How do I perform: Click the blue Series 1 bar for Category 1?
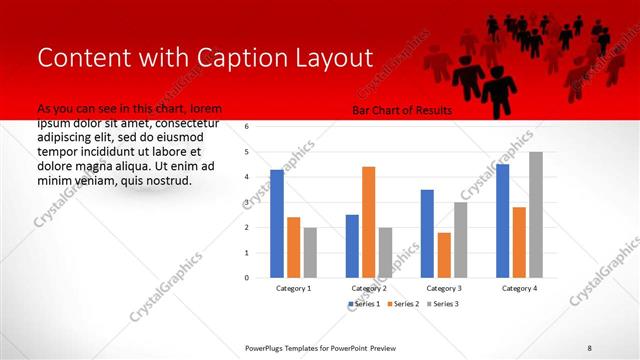coord(277,223)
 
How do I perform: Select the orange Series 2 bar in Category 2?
coord(368,221)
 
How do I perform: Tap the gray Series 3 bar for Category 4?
coord(536,214)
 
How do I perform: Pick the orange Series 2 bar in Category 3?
coord(444,254)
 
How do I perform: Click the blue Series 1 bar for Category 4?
coord(502,220)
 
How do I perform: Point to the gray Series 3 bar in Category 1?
coord(310,252)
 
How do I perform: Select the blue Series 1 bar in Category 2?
coord(352,245)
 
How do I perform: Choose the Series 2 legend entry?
coord(400,304)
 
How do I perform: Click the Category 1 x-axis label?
coord(293,288)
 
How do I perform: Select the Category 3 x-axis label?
coord(444,288)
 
